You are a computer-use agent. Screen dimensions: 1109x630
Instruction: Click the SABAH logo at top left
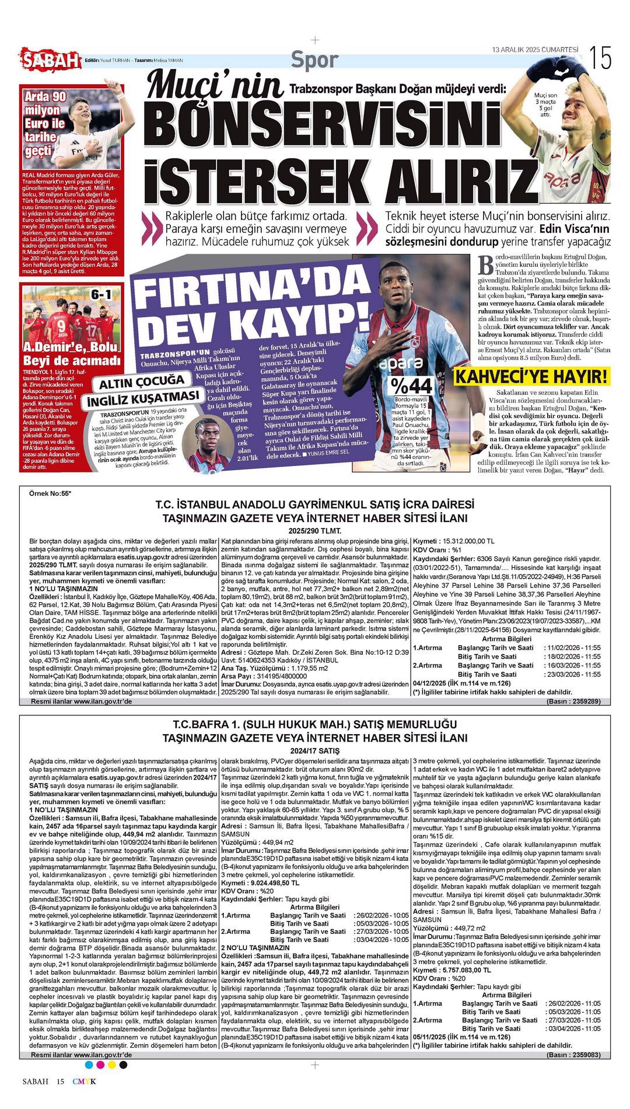tap(51, 60)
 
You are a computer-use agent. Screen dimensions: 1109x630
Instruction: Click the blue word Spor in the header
tap(314, 60)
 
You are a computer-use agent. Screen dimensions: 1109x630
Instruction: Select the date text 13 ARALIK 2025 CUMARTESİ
tap(535, 50)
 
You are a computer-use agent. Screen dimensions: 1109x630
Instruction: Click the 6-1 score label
tap(100, 294)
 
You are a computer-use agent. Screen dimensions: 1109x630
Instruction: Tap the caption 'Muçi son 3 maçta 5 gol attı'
tap(545, 105)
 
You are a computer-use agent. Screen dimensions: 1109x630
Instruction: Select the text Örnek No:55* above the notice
tap(50, 493)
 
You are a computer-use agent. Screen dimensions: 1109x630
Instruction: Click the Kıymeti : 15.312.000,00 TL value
tap(453, 541)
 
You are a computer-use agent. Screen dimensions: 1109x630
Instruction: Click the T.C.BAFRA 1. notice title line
tap(314, 725)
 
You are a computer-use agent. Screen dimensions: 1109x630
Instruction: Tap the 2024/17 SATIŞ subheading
tap(314, 750)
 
